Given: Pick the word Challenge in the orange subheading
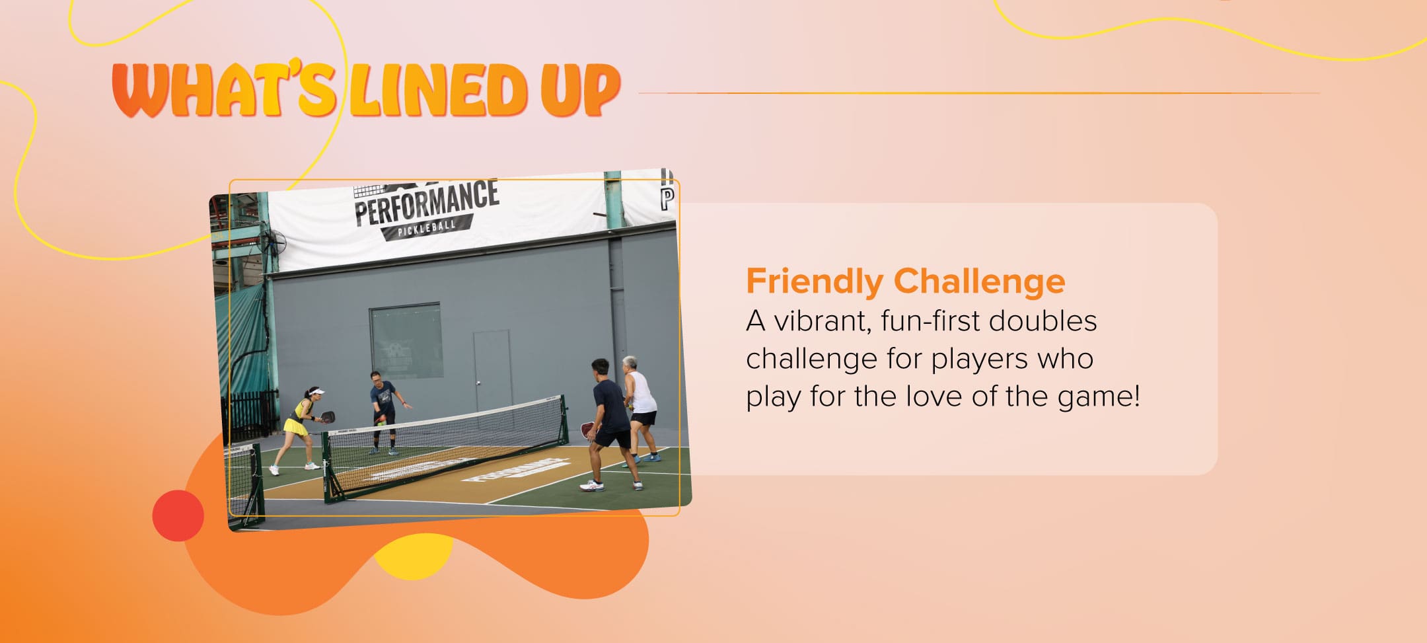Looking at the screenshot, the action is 979,282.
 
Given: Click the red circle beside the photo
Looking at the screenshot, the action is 178,515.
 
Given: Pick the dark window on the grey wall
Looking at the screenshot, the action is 405,340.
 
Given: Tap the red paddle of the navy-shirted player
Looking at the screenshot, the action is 587,430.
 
